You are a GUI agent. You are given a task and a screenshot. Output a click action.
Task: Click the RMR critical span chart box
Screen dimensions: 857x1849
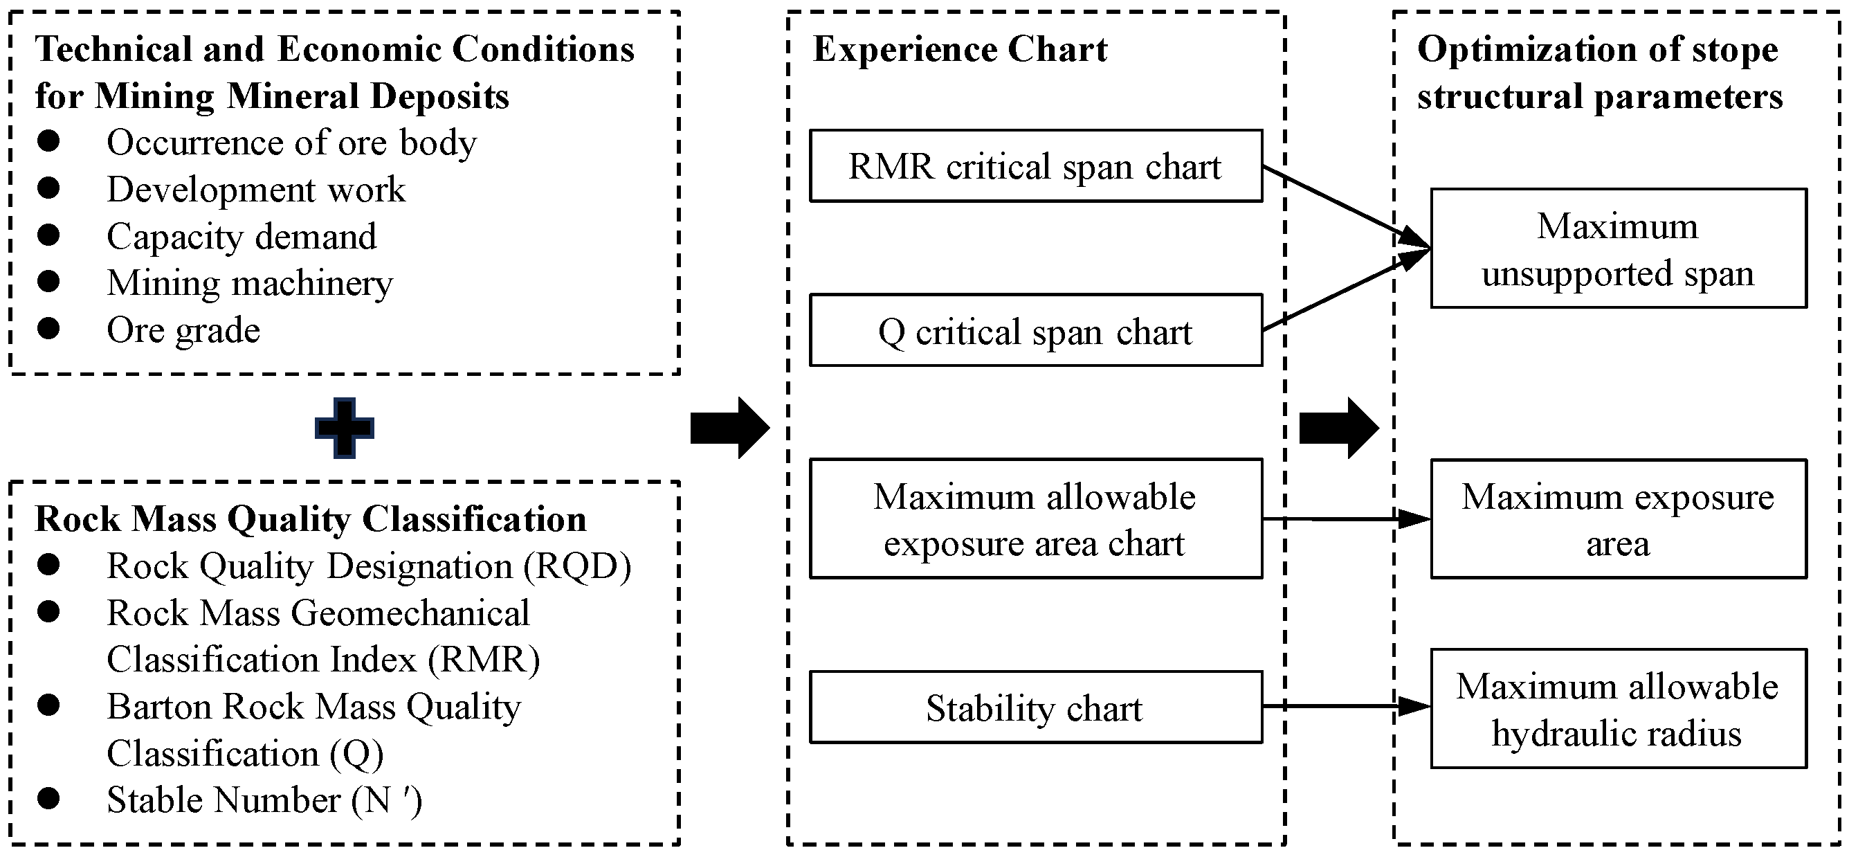tap(1035, 166)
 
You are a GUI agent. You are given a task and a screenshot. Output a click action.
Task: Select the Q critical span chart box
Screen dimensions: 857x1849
tap(1035, 331)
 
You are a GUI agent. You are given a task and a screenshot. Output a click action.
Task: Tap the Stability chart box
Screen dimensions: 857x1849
tap(1035, 707)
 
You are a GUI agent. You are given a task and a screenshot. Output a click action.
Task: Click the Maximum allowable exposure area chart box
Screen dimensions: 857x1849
tap(1035, 519)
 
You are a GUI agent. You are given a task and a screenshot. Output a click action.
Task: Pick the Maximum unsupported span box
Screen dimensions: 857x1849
tap(1618, 249)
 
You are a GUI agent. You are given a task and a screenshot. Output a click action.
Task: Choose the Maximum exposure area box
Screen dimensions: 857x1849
tap(1618, 519)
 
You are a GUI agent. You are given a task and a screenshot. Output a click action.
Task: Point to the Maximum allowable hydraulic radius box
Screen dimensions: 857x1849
tap(1618, 709)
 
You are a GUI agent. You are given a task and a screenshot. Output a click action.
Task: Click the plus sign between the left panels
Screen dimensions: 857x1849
tap(345, 429)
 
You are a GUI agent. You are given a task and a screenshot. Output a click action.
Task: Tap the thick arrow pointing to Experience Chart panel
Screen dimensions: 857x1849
tap(729, 429)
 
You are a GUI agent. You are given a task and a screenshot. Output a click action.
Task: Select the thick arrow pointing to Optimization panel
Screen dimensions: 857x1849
tap(1339, 429)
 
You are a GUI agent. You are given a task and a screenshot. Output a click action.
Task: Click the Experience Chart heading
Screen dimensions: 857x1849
tap(960, 50)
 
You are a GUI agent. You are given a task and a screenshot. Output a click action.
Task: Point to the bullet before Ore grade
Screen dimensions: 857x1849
tap(49, 329)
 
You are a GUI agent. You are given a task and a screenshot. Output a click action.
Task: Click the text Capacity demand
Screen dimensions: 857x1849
tap(242, 236)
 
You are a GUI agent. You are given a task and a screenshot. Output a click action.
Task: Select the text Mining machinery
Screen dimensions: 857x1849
tap(250, 283)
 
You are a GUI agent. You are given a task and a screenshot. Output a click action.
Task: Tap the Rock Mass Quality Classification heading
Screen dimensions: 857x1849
tap(310, 519)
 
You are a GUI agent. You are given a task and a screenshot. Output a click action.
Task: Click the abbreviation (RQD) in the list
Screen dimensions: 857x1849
tap(577, 566)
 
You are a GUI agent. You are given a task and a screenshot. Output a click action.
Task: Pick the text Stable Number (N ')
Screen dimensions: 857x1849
tap(264, 800)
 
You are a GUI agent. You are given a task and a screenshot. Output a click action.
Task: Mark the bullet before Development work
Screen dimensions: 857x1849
tap(49, 188)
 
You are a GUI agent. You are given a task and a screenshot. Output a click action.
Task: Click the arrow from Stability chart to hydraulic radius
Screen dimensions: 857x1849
tap(1346, 706)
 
